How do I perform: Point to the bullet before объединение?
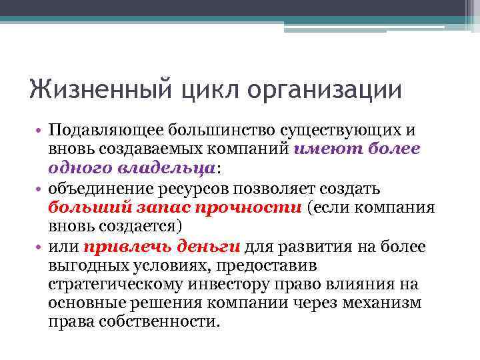[x=40, y=189]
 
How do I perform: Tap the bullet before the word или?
[x=40, y=247]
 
